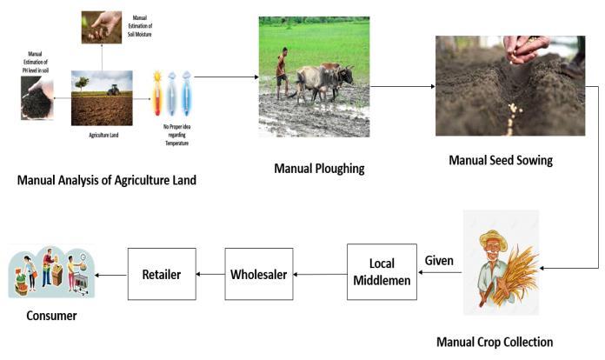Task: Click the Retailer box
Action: point(162,274)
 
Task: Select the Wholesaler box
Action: point(258,274)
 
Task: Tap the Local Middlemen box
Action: point(382,271)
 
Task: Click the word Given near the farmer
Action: point(439,260)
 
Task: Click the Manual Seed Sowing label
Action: point(500,160)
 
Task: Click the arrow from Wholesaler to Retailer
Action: point(209,274)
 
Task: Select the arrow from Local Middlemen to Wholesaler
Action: point(320,274)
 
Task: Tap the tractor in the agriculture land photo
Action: point(112,90)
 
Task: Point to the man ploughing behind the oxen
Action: point(281,71)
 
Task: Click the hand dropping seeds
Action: point(529,48)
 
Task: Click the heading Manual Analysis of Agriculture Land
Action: point(108,180)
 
